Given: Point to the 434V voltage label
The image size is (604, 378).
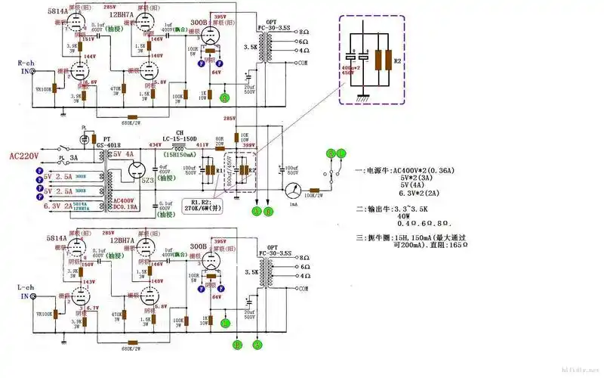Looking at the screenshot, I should click(155, 145).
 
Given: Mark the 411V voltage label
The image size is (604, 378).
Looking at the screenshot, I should click(202, 145).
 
